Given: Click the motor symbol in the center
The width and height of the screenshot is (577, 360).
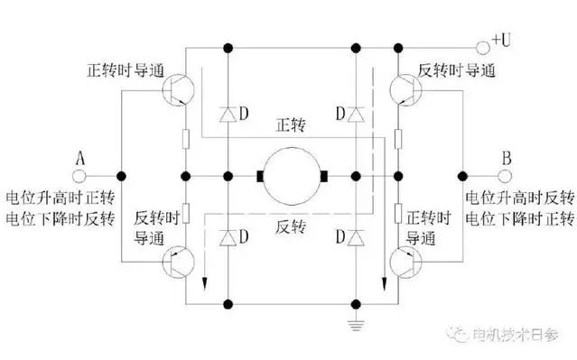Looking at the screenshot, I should pyautogui.click(x=291, y=174).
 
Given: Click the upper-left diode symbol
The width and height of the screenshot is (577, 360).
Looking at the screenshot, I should pyautogui.click(x=228, y=114).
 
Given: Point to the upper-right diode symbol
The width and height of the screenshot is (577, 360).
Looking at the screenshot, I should pyautogui.click(x=357, y=114).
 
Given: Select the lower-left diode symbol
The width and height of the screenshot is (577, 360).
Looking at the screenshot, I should pyautogui.click(x=228, y=236).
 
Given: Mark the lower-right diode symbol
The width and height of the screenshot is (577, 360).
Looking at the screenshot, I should pyautogui.click(x=357, y=236).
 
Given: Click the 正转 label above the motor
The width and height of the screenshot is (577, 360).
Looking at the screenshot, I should pyautogui.click(x=291, y=123).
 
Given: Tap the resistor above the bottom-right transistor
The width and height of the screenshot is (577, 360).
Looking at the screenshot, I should pyautogui.click(x=397, y=212).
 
